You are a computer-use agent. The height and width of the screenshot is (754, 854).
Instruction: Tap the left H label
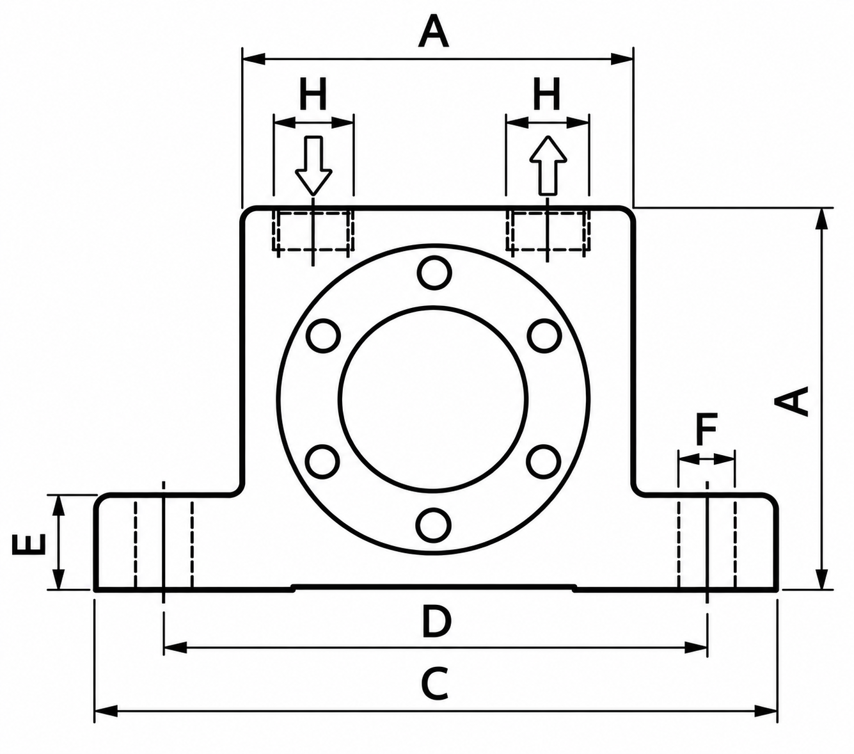pos(313,93)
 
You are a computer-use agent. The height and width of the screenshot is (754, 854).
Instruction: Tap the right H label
pos(547,93)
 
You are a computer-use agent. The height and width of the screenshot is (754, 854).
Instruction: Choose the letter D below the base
pos(436,621)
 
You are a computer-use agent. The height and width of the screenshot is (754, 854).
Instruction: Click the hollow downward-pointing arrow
pos(313,165)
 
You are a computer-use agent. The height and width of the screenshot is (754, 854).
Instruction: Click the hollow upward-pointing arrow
pos(548,165)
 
